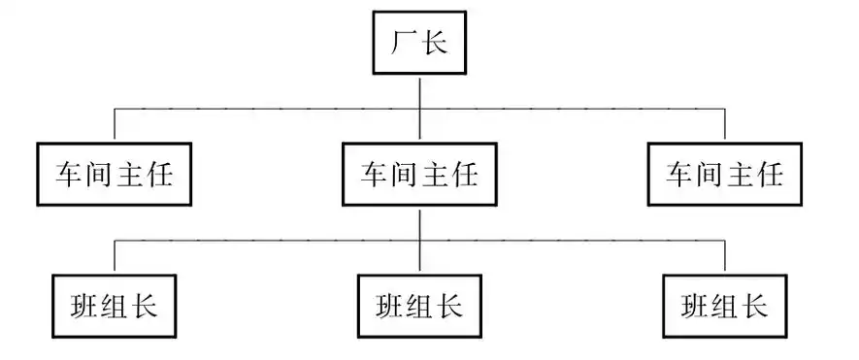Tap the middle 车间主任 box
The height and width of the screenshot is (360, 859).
[419, 175]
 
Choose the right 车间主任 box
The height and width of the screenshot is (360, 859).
[725, 175]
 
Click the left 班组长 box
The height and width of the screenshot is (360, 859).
[115, 307]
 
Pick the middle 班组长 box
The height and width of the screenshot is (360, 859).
[419, 307]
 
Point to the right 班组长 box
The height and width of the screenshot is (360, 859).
[725, 307]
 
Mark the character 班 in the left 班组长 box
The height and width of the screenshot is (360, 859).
[84, 307]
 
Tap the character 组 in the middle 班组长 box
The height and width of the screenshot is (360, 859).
[419, 307]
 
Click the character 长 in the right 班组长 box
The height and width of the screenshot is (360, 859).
[755, 307]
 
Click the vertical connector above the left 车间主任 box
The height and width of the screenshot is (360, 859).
[115, 123]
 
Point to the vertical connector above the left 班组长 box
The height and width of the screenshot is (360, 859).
[115, 255]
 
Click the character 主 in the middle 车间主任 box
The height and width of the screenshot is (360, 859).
[435, 175]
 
